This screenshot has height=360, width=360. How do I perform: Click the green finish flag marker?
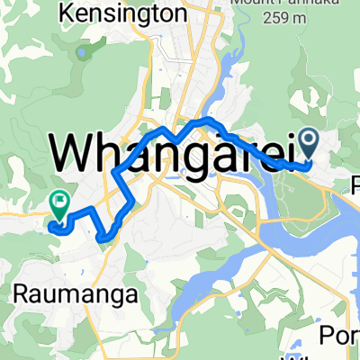coord(60,206)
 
